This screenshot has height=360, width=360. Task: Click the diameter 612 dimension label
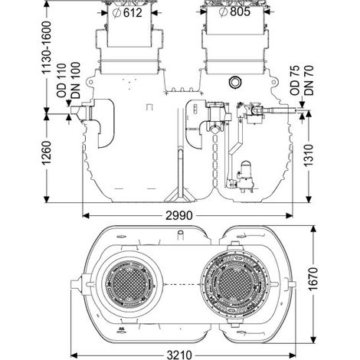pos(128,12)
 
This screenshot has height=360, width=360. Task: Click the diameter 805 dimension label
pos(235,11)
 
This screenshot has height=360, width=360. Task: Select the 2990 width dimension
pos(178,216)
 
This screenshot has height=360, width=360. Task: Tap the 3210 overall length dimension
pos(179,355)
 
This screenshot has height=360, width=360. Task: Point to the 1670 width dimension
pos(313,279)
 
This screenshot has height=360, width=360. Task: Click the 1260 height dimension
pos(47,152)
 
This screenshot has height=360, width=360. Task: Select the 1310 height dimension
pos(309,155)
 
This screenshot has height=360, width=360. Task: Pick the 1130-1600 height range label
pos(47,47)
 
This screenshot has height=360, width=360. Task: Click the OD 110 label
pos(61,80)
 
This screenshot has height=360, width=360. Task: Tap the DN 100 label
pos(76,80)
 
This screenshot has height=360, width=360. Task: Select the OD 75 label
pos(295,80)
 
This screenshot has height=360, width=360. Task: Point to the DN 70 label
pos(309,80)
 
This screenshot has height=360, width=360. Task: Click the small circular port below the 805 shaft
pos(234,82)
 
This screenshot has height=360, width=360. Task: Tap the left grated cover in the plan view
pos(129,283)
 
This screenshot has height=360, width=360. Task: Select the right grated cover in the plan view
pos(235,283)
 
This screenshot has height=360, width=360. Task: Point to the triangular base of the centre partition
pos(181,195)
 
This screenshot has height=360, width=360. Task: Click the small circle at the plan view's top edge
pos(181,233)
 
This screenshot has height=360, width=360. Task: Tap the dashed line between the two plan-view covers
pos(182,284)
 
